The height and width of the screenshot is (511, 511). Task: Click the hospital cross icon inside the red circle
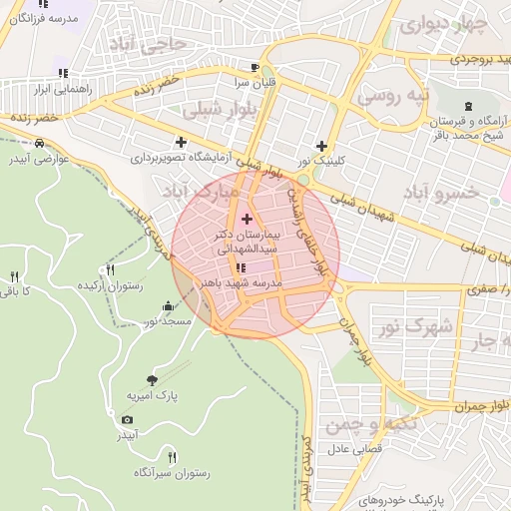(248, 218)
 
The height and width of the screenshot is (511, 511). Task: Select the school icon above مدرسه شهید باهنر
(241, 267)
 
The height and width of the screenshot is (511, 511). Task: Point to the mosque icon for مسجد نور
(166, 306)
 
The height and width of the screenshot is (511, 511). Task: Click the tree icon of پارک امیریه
(151, 379)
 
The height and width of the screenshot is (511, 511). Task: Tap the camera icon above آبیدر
(127, 419)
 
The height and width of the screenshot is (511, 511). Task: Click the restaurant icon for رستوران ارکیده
(110, 269)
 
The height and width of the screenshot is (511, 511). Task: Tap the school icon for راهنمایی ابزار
(63, 73)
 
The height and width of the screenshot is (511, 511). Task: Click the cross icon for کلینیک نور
(321, 145)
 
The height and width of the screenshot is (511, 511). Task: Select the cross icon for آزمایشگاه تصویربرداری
(181, 142)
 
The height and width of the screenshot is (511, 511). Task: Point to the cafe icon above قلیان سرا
(255, 68)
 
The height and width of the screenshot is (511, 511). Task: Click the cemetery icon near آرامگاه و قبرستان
(468, 106)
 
